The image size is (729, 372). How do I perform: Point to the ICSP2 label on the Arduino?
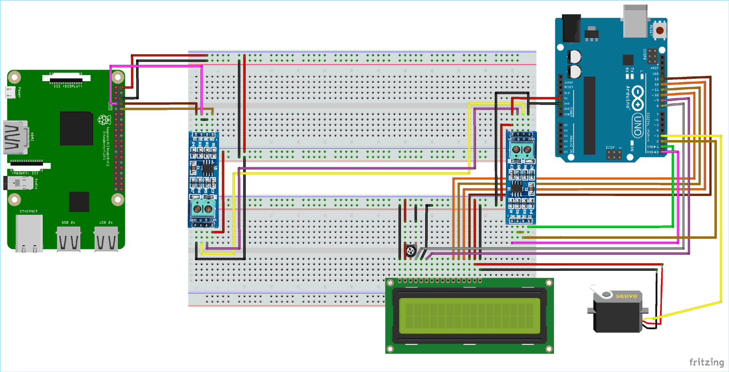pos(645,54)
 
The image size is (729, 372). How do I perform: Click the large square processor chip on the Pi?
pos(76,128)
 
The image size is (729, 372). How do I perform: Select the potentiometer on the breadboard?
pos(411,251)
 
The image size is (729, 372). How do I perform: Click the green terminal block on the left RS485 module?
pos(203,209)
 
